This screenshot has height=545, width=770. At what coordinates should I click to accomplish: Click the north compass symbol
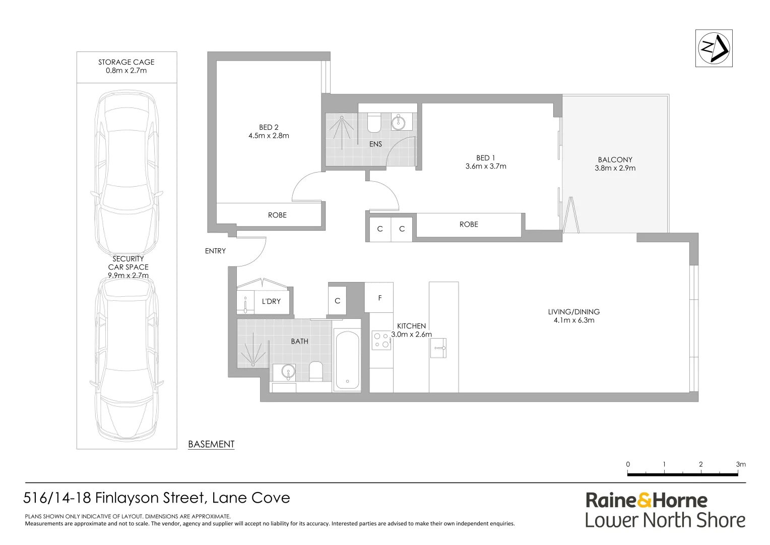[x=714, y=48]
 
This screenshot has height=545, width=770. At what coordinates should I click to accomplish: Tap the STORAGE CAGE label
[x=126, y=62]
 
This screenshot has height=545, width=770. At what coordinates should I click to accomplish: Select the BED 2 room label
[x=269, y=127]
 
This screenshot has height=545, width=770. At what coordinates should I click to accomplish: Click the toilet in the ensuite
[x=374, y=123]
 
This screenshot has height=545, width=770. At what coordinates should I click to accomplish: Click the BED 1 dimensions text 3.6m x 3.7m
[x=486, y=166]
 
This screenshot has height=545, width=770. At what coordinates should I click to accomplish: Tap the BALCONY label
[x=615, y=159]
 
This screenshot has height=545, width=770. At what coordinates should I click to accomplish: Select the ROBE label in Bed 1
[x=469, y=225]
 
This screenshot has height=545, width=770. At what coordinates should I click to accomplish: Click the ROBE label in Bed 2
[x=277, y=215]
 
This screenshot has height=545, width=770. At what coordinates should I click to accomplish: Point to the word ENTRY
[x=215, y=251]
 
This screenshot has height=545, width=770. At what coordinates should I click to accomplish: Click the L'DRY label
[x=271, y=301]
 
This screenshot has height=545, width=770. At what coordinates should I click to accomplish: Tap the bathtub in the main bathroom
[x=347, y=359]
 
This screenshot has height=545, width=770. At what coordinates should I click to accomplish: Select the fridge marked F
[x=379, y=298]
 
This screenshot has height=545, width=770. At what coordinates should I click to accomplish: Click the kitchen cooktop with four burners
[x=381, y=340]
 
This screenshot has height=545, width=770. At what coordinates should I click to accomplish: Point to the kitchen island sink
[x=438, y=348]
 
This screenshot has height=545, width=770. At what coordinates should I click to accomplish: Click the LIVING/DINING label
[x=574, y=312]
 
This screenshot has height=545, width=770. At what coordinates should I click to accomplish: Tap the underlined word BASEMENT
[x=211, y=444]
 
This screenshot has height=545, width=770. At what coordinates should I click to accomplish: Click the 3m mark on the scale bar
[x=740, y=465]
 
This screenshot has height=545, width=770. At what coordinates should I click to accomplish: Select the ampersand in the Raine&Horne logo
[x=644, y=501]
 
